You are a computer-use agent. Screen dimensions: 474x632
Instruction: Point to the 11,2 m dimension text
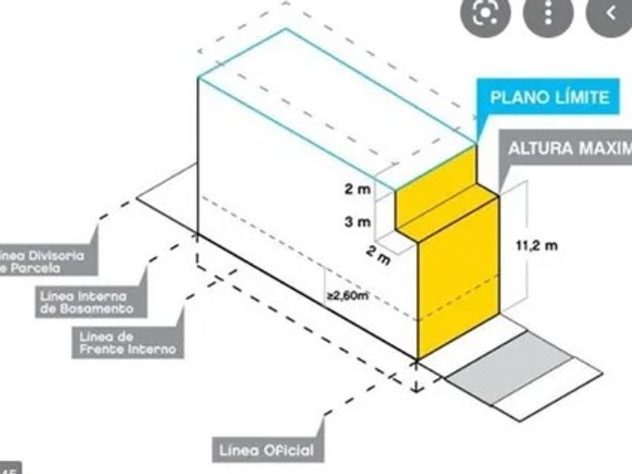click(536, 245)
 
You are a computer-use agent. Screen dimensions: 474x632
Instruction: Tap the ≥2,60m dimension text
click(347, 296)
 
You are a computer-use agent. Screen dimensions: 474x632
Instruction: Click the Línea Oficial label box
click(266, 451)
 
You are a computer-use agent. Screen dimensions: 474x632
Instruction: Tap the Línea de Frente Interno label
click(127, 343)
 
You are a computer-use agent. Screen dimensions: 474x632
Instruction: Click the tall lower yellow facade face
click(457, 278)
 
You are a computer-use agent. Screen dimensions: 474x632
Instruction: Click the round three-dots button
click(547, 13)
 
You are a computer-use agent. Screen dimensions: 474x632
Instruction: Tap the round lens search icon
click(485, 13)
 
